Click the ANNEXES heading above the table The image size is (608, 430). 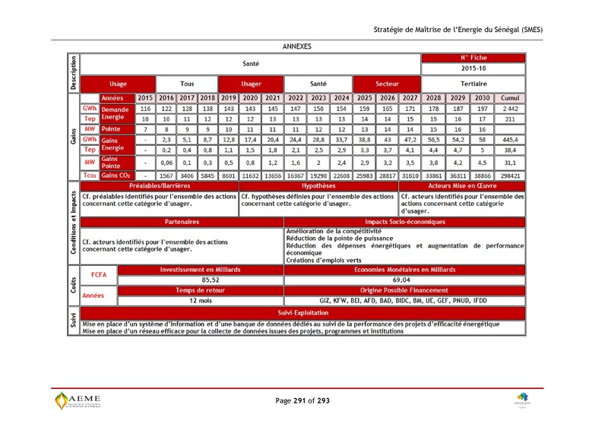coord(296,46)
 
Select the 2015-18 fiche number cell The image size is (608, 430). coord(473,68)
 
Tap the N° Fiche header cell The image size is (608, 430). coord(473,58)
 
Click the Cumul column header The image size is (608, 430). coord(510,98)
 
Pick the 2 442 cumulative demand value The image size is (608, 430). coord(510,109)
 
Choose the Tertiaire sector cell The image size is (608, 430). coord(473,84)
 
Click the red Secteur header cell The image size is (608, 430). coord(387,84)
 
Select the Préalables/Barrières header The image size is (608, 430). coord(160,185)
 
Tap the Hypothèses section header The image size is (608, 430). coord(318,185)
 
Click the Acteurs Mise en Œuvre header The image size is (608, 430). coord(462,185)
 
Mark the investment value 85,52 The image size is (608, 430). coord(200,280)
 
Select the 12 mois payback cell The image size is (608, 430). coord(200,300)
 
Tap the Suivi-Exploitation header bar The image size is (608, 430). coord(302,312)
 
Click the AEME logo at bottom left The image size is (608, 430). coord(83,400)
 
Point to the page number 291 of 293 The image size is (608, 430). coord(302,400)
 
